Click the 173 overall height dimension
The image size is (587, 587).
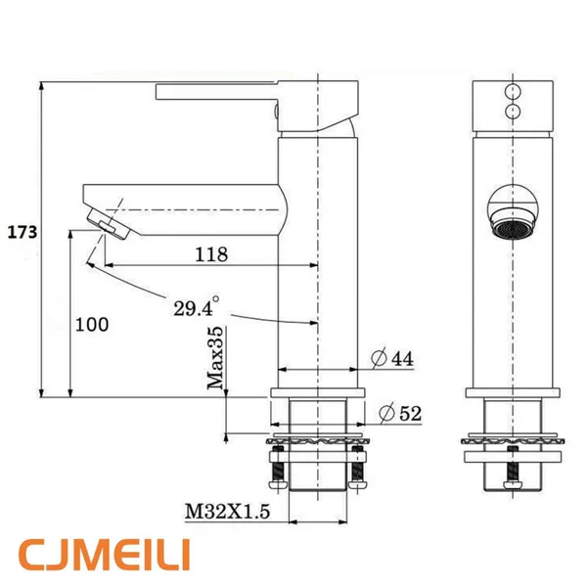(23, 232)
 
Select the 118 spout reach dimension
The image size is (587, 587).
(211, 254)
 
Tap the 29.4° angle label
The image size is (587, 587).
(197, 307)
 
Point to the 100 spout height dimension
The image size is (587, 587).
(92, 324)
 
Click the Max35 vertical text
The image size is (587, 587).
(215, 358)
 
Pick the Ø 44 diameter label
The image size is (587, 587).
(392, 358)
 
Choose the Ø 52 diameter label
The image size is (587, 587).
(400, 413)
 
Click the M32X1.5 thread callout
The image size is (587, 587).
(228, 512)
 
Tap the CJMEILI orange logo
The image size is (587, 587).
(105, 555)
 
